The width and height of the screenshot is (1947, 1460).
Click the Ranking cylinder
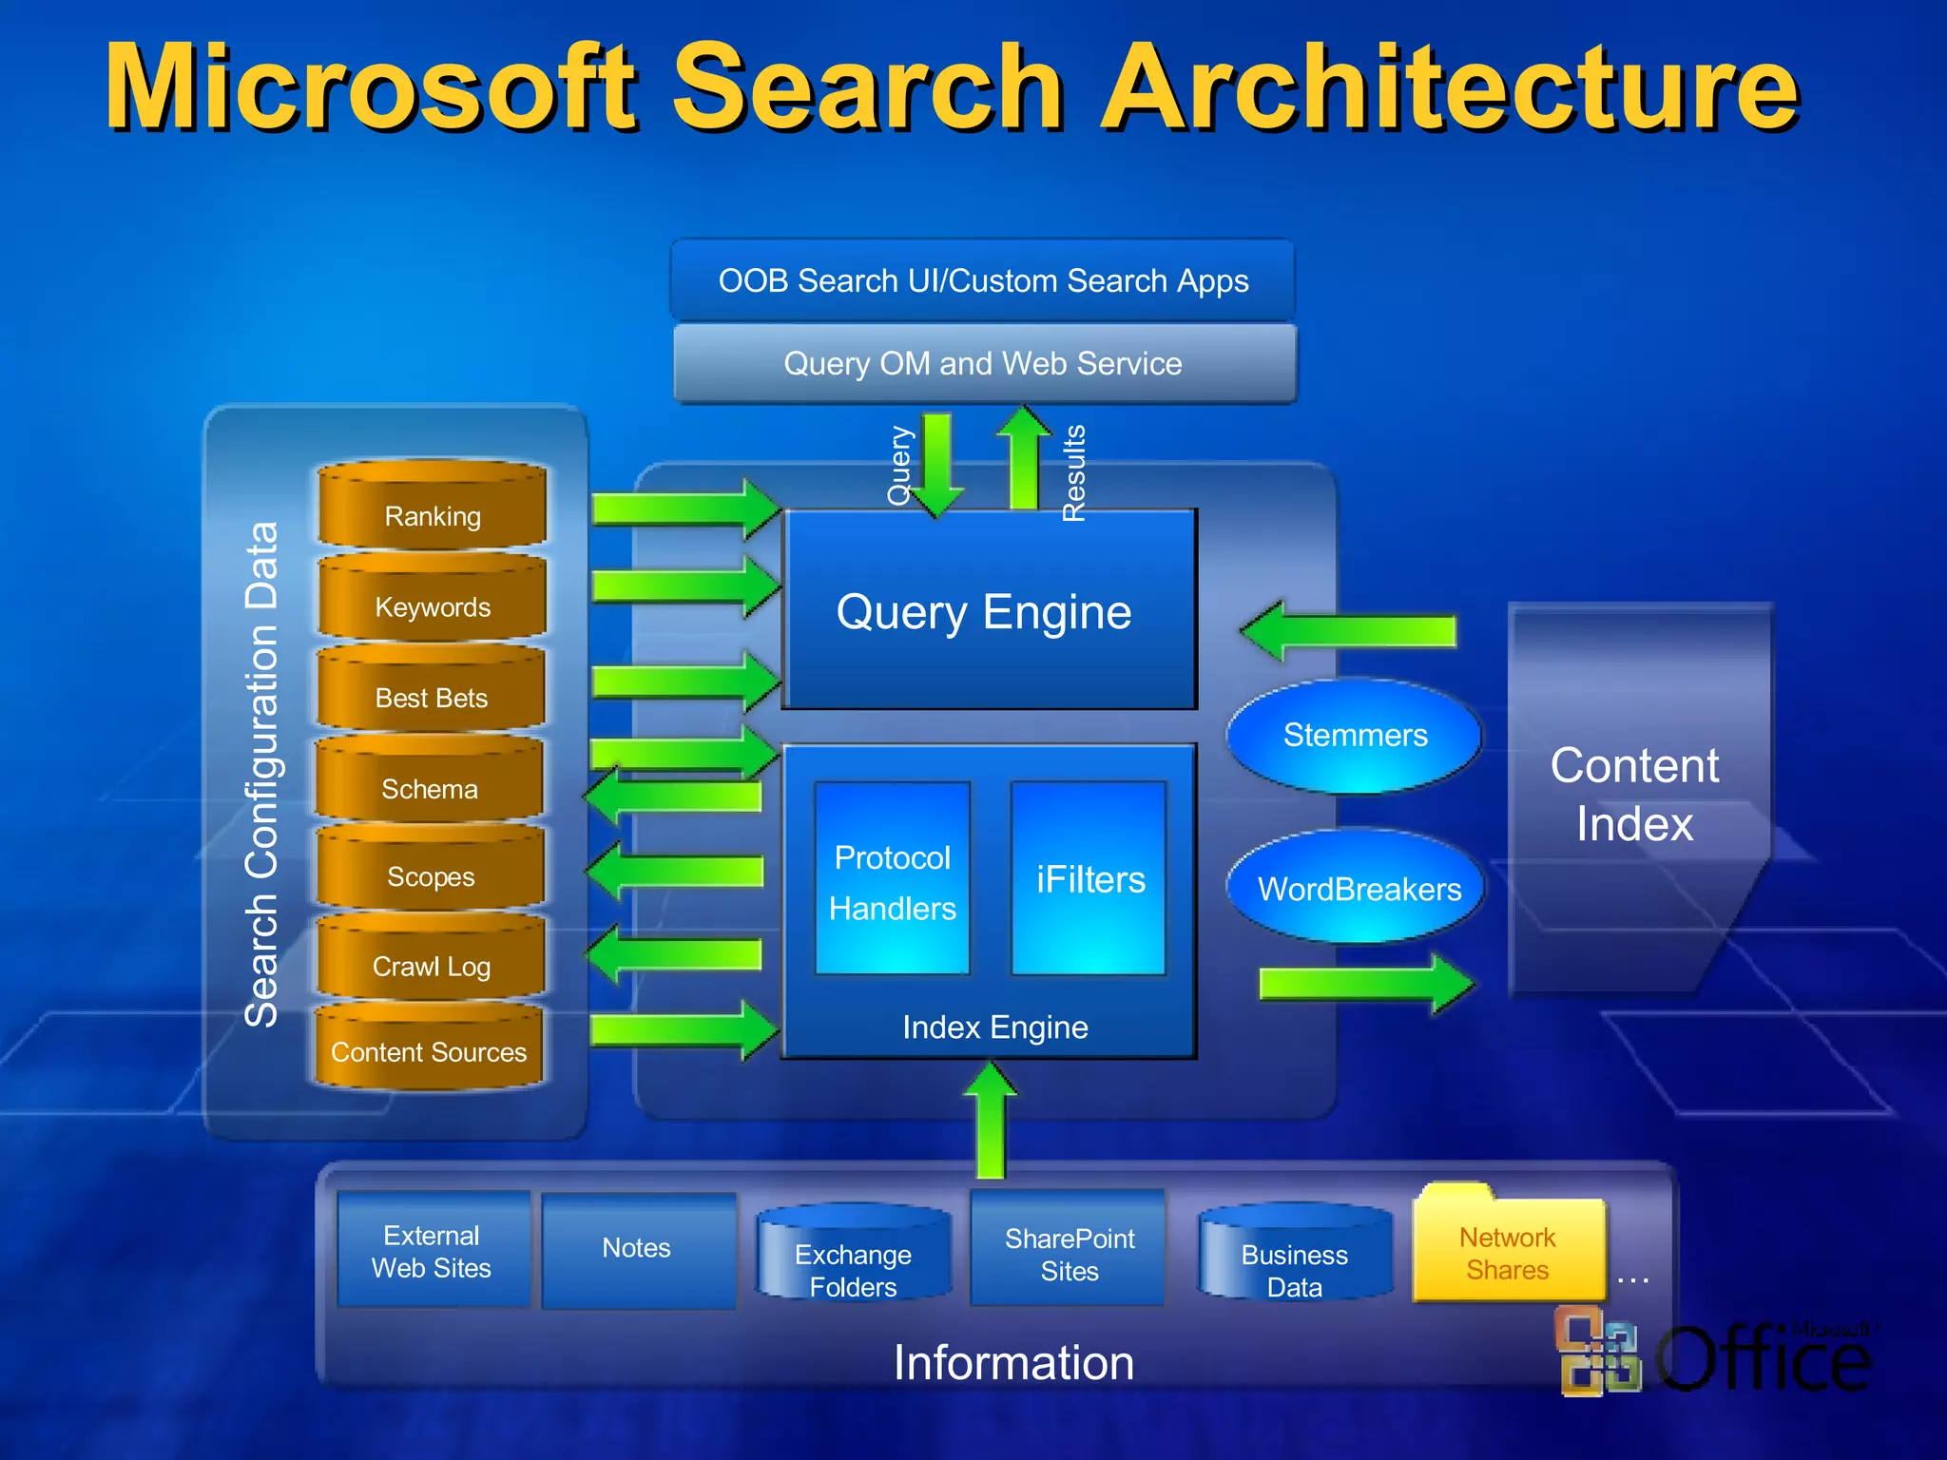pyautogui.click(x=433, y=508)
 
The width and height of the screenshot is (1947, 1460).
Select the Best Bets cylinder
pyautogui.click(x=431, y=691)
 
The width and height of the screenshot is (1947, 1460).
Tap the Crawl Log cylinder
pyautogui.click(x=431, y=960)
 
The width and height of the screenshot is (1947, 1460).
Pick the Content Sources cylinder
pyautogui.click(x=429, y=1047)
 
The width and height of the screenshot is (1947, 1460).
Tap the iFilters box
pyautogui.click(x=1089, y=880)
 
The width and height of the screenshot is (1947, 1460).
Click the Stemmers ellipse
pyautogui.click(x=1355, y=736)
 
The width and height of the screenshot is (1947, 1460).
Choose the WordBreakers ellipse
pyautogui.click(x=1359, y=888)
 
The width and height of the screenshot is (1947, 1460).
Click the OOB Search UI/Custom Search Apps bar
pyautogui.click(x=983, y=280)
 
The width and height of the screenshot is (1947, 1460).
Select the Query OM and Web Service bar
pyautogui.click(x=983, y=363)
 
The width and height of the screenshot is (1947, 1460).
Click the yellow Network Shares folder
pyautogui.click(x=1508, y=1251)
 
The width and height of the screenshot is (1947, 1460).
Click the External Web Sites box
pyautogui.click(x=433, y=1250)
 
